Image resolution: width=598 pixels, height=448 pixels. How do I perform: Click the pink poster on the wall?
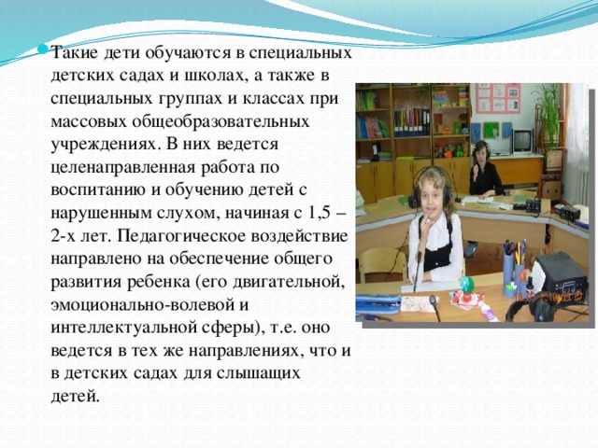[x=497, y=98]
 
